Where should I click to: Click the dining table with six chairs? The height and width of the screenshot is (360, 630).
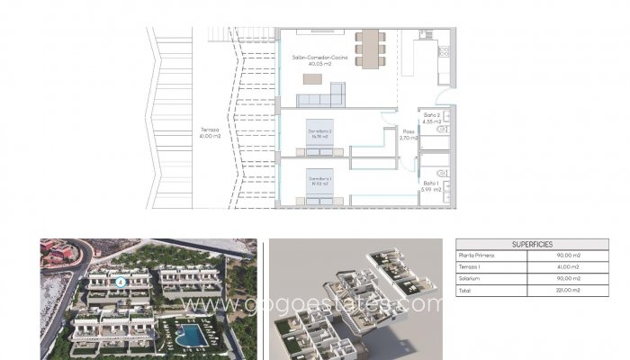(x=369, y=49)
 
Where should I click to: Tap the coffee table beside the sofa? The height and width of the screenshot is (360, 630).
(x=310, y=79)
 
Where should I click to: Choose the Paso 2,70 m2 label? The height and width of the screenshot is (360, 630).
(x=407, y=135)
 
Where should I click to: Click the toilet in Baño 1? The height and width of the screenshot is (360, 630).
(x=440, y=171)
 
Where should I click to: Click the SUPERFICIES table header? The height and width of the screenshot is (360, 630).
(x=531, y=244)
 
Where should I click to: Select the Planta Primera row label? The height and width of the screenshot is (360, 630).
(x=478, y=256)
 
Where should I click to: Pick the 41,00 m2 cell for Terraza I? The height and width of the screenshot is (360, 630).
(x=573, y=267)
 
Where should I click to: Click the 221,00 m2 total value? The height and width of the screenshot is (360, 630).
(x=573, y=290)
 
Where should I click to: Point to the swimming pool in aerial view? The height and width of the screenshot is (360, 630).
(x=190, y=335)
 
